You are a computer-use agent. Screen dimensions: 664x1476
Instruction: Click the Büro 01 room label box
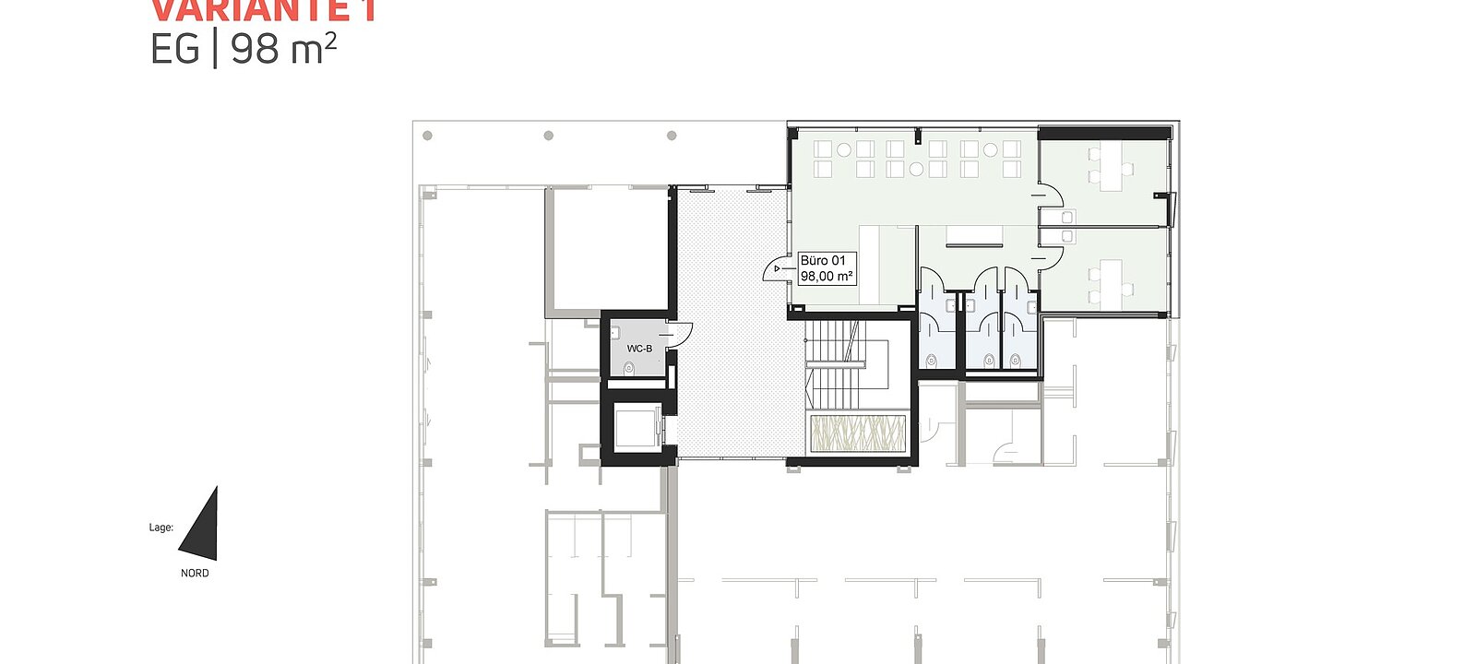pos(826,268)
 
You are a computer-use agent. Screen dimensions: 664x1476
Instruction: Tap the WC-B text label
pos(639,349)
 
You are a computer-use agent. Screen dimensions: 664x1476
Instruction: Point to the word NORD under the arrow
pos(195,574)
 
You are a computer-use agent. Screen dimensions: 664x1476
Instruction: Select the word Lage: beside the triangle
pos(161,528)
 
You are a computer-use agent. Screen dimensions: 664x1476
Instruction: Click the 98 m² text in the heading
pos(283,49)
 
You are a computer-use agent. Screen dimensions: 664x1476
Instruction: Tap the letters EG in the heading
pos(174,49)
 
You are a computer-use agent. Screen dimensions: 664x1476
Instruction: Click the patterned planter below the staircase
pos(858,433)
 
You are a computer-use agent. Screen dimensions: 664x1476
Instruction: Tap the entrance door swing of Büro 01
pos(774,268)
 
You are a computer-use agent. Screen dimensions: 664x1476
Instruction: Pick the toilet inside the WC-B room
pos(629,369)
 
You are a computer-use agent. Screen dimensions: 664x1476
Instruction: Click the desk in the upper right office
pos(1112,168)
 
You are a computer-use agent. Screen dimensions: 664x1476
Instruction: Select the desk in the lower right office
pos(1112,283)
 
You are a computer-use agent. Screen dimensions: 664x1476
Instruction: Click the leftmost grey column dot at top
pos(427,136)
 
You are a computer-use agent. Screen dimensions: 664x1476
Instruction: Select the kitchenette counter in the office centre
pos(975,244)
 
